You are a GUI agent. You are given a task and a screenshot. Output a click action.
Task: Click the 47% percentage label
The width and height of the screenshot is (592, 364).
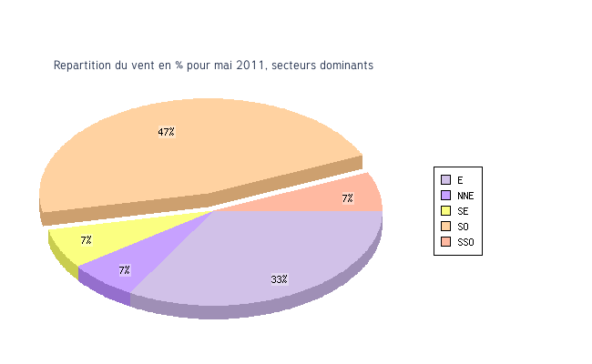[x=166, y=132]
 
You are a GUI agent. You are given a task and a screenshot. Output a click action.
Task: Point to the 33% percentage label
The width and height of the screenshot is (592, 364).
[x=279, y=279]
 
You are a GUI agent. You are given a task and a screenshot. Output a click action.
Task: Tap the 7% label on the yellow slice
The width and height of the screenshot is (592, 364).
[x=86, y=240]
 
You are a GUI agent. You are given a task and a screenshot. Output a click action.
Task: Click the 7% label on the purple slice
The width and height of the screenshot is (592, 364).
[x=124, y=270]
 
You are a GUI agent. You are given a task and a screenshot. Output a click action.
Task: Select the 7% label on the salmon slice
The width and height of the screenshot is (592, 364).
[x=347, y=198]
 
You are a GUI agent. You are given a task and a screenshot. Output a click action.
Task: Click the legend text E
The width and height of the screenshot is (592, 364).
[x=460, y=180]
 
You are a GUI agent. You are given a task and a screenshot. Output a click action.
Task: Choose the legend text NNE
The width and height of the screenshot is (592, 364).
[x=465, y=196]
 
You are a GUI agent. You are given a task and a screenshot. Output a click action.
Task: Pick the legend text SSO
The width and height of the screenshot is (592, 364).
[x=465, y=242]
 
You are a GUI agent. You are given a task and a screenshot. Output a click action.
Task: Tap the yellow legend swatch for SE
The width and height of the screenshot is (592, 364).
[x=445, y=211]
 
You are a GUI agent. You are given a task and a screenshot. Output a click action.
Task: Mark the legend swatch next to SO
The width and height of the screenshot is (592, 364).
[x=445, y=227]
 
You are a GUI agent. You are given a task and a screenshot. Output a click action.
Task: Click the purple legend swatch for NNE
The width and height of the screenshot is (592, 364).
[x=445, y=196]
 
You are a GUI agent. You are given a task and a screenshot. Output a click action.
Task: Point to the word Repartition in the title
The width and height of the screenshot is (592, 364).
[x=81, y=66]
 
